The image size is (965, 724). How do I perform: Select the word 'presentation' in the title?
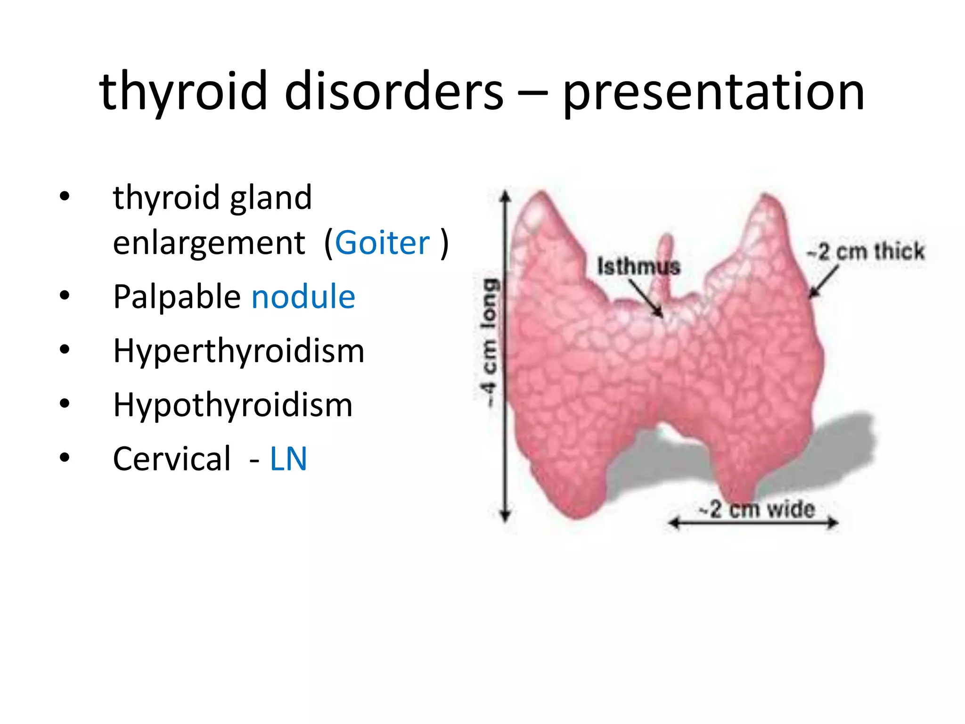coord(713,92)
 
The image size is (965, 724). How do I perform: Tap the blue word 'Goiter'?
coord(382,243)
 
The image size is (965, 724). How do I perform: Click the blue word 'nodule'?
coord(303,296)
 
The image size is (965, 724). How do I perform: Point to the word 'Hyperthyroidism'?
coord(239,352)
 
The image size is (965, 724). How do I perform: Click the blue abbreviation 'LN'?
coord(288,459)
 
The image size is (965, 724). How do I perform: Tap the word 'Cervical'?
coord(172,459)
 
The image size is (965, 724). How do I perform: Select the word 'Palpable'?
coord(177,297)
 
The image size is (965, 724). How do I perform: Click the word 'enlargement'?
coord(209,243)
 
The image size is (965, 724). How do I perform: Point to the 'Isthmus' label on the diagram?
coord(638,266)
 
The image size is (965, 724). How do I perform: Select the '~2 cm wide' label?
coord(757,510)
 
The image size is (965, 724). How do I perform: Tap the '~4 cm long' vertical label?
coord(488,343)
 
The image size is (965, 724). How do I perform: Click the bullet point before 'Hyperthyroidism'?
coord(65,349)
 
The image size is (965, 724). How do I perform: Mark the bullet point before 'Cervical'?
coord(65,457)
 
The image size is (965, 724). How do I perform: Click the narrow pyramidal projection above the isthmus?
coord(665,264)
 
